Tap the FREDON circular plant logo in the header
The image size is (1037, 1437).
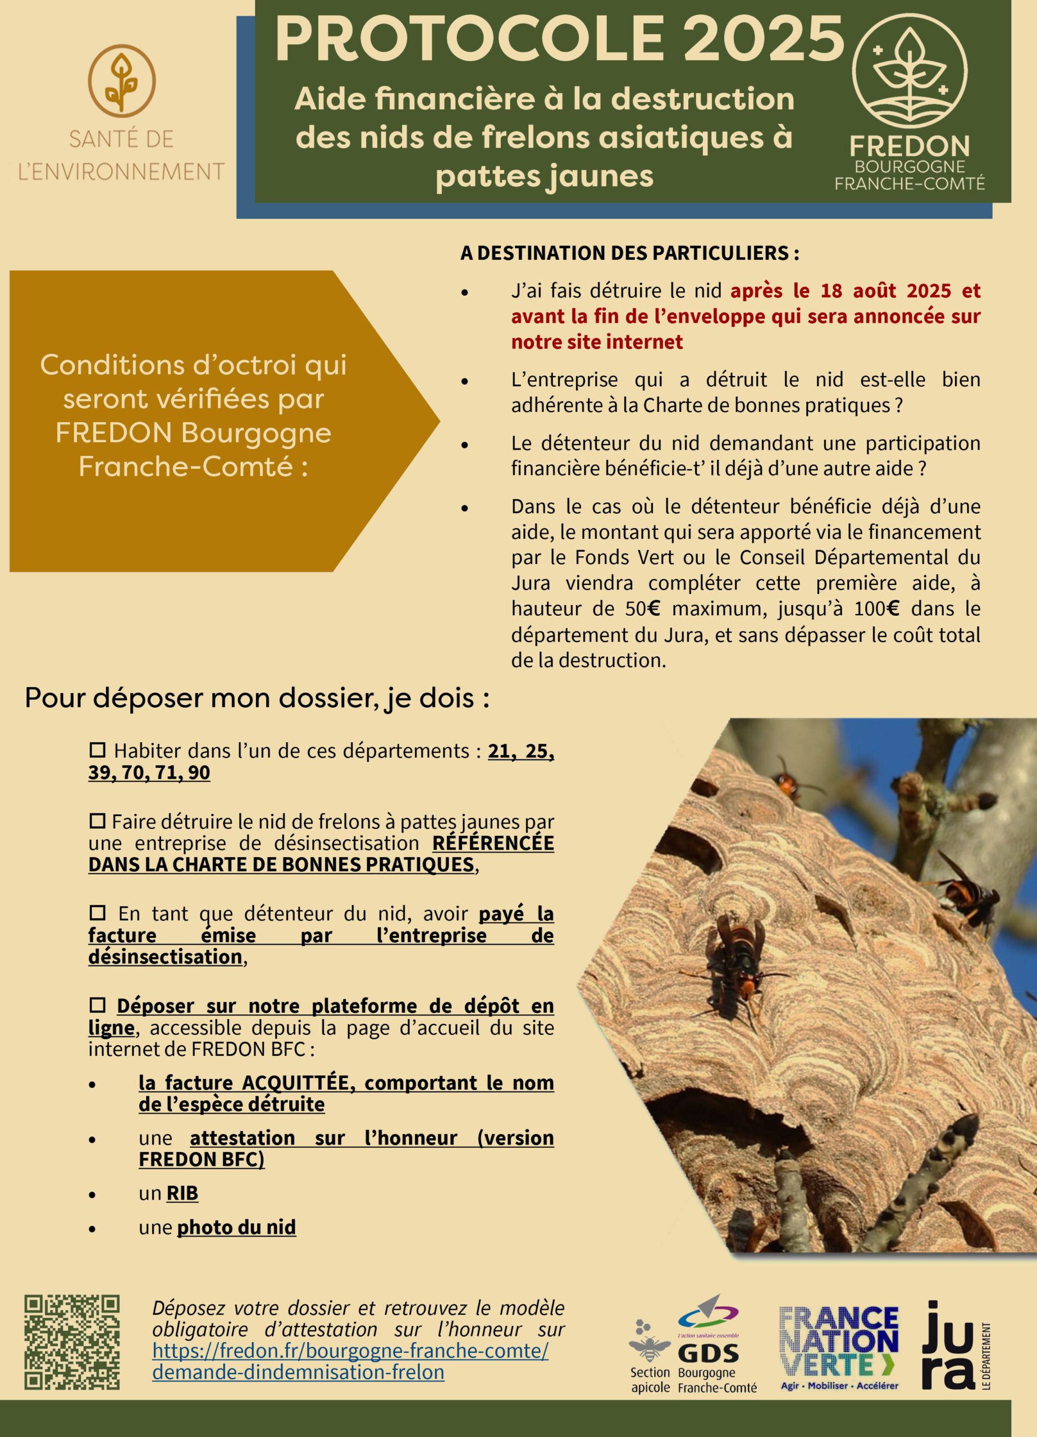[909, 70]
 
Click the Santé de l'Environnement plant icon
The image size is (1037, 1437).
[121, 80]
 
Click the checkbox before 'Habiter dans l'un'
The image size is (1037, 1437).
[97, 749]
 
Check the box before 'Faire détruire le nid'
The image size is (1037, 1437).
[97, 821]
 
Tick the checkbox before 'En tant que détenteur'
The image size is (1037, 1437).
[97, 912]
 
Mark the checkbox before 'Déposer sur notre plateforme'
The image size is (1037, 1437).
[97, 1005]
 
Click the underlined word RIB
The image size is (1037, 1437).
[182, 1193]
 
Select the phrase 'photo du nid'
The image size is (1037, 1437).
[236, 1227]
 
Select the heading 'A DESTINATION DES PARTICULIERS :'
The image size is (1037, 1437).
[629, 253]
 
